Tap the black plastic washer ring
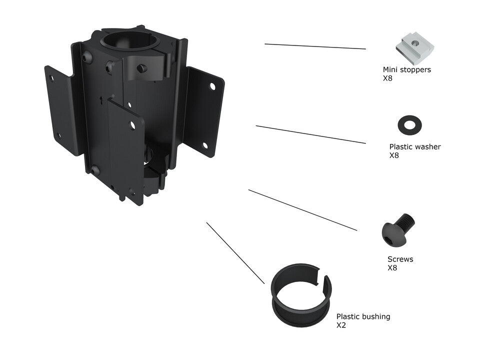(408, 124)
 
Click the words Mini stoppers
(406, 69)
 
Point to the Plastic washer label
(414, 147)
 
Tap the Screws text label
(400, 259)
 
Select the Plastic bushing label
(363, 316)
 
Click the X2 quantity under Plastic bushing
(341, 325)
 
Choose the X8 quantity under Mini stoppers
(387, 78)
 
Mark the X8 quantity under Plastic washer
(394, 155)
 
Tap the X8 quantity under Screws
(392, 267)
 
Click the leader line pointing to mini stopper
(315, 46)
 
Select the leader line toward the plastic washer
(310, 134)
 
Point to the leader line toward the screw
(302, 210)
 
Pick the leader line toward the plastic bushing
(235, 253)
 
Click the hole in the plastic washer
(408, 124)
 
